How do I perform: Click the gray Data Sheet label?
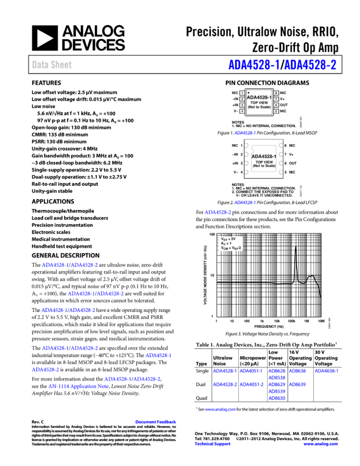click(x=52, y=65)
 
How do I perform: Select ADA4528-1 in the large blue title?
click(x=254, y=65)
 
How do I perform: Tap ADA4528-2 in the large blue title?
click(x=310, y=65)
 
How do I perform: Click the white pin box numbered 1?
click(x=242, y=93)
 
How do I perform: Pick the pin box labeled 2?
click(x=242, y=99)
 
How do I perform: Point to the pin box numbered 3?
click(x=242, y=105)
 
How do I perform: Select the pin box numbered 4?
click(x=242, y=111)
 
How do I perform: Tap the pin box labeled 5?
click(x=276, y=111)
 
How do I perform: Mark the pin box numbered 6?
click(x=276, y=105)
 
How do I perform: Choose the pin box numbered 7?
click(x=276, y=99)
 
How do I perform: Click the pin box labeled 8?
click(x=276, y=93)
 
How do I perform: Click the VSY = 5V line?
click(x=228, y=239)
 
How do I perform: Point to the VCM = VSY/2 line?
click(x=231, y=248)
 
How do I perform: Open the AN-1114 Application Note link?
click(x=78, y=387)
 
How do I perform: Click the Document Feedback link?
click(x=156, y=422)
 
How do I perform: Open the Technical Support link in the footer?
click(x=212, y=444)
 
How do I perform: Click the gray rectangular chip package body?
click(x=264, y=159)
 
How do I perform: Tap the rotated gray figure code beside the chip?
click(x=301, y=191)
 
